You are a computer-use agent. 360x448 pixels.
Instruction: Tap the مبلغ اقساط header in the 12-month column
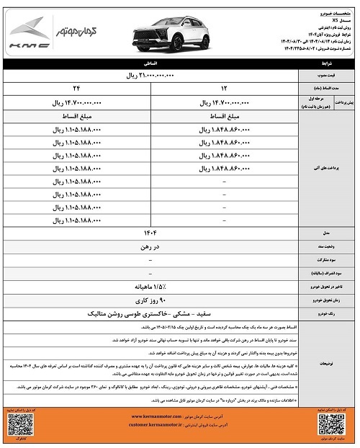(x=222, y=117)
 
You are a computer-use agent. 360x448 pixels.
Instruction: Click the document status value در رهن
(x=151, y=247)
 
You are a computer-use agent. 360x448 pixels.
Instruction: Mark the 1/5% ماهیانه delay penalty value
(x=151, y=287)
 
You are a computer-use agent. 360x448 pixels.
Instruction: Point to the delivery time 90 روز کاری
(x=151, y=300)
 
